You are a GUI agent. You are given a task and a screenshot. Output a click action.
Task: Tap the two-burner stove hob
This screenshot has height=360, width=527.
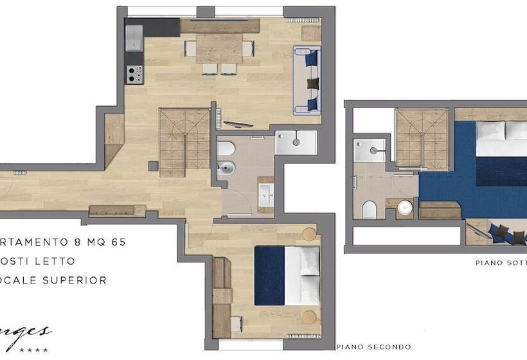pyautogui.click(x=134, y=75)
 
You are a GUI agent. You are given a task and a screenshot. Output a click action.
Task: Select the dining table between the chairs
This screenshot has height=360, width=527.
pyautogui.click(x=219, y=48)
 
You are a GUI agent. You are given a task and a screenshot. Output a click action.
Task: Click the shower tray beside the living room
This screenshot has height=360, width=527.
pyautogui.click(x=296, y=142)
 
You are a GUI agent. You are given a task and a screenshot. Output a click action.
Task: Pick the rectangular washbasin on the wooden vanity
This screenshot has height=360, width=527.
pyautogui.click(x=265, y=194)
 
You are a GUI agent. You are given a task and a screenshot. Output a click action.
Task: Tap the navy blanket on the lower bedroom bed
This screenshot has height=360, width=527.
pyautogui.click(x=269, y=275)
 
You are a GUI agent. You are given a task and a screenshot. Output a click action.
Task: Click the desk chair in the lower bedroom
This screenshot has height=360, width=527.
pyautogui.click(x=236, y=324)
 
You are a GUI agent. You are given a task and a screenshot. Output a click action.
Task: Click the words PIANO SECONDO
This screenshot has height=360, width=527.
pyautogui.click(x=373, y=347)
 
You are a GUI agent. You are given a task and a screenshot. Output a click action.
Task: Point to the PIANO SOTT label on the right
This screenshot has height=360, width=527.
pyautogui.click(x=500, y=262)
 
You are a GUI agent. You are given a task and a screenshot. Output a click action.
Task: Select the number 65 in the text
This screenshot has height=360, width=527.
pyautogui.click(x=117, y=242)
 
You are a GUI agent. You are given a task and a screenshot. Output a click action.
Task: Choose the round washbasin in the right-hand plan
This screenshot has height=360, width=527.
pyautogui.click(x=404, y=208)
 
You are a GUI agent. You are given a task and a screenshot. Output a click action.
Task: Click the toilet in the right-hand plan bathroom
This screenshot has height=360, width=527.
pyautogui.click(x=369, y=210)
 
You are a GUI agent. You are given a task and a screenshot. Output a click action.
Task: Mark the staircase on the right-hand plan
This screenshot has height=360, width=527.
pyautogui.click(x=421, y=137)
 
